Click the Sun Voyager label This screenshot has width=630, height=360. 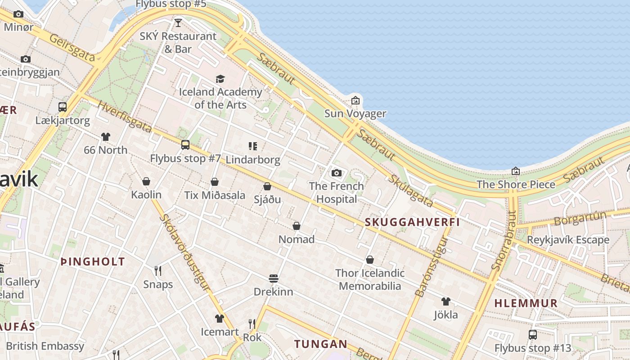point(355,113)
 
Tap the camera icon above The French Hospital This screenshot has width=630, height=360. point(336,173)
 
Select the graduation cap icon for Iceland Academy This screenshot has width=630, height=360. point(220,79)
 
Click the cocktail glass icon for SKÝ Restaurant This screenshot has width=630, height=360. point(178,22)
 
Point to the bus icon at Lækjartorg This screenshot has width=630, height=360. point(63,107)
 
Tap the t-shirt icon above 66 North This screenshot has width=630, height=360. point(106,136)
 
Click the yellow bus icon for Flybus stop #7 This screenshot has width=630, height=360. point(185,145)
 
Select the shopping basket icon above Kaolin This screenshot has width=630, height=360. point(146,181)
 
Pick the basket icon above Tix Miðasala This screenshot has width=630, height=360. point(215,182)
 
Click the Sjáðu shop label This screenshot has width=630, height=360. point(267,199)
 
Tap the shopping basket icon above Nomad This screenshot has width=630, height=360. point(297,226)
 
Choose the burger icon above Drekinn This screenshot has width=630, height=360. point(273,279)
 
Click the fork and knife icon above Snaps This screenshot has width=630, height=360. point(158,270)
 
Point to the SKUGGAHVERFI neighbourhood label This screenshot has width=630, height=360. point(412,222)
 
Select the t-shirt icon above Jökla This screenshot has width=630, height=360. point(445,301)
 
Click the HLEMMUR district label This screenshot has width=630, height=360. point(526,303)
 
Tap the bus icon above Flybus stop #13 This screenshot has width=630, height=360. point(533,335)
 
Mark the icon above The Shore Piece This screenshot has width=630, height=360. point(516,171)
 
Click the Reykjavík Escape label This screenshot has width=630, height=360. point(568,240)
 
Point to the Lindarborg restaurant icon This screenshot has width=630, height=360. point(252,146)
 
